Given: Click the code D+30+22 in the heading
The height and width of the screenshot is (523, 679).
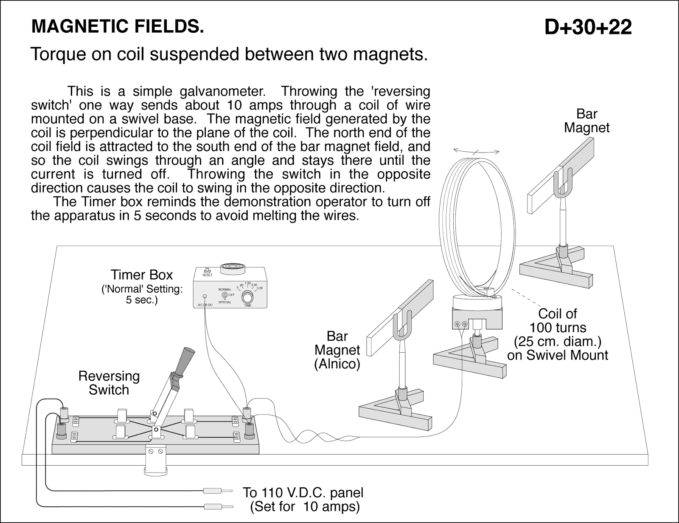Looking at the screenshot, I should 588,28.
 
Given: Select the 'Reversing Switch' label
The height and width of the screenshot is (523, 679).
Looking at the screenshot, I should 109,383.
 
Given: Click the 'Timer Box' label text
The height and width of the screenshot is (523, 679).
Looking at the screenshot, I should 142,274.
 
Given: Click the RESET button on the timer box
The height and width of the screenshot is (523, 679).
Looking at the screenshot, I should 208,271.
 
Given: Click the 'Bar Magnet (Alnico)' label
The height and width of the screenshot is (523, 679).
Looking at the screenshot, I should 337,350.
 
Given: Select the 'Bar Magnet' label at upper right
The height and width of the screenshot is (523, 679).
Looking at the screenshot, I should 586,121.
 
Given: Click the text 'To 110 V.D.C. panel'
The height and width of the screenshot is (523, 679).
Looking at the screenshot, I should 303,493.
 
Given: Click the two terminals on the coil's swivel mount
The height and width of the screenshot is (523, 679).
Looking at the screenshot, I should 460,325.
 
